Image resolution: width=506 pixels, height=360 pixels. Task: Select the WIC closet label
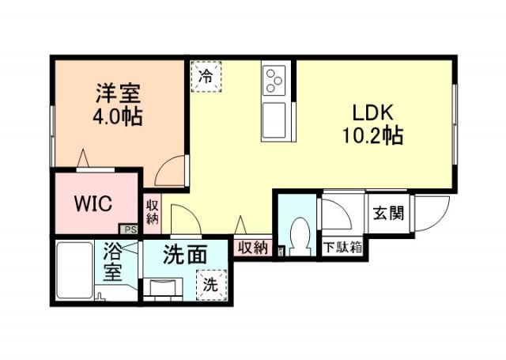coord(93,203)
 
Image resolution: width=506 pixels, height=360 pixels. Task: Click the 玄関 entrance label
coord(389,213)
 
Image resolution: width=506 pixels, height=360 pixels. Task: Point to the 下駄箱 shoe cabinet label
coord(342,247)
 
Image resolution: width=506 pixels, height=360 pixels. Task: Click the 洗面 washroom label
coord(185,256)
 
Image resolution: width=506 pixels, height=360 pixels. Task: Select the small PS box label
coord(130,230)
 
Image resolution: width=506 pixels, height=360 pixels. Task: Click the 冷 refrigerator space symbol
coord(206,77)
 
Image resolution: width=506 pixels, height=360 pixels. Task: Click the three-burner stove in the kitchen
coord(274,79)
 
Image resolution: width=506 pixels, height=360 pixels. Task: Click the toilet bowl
coord(300,234)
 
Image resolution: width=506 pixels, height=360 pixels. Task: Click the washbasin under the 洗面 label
coord(164,286)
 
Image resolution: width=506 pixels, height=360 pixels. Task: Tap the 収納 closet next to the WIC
coord(152,212)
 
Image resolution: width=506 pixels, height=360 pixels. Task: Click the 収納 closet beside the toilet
coord(252,248)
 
